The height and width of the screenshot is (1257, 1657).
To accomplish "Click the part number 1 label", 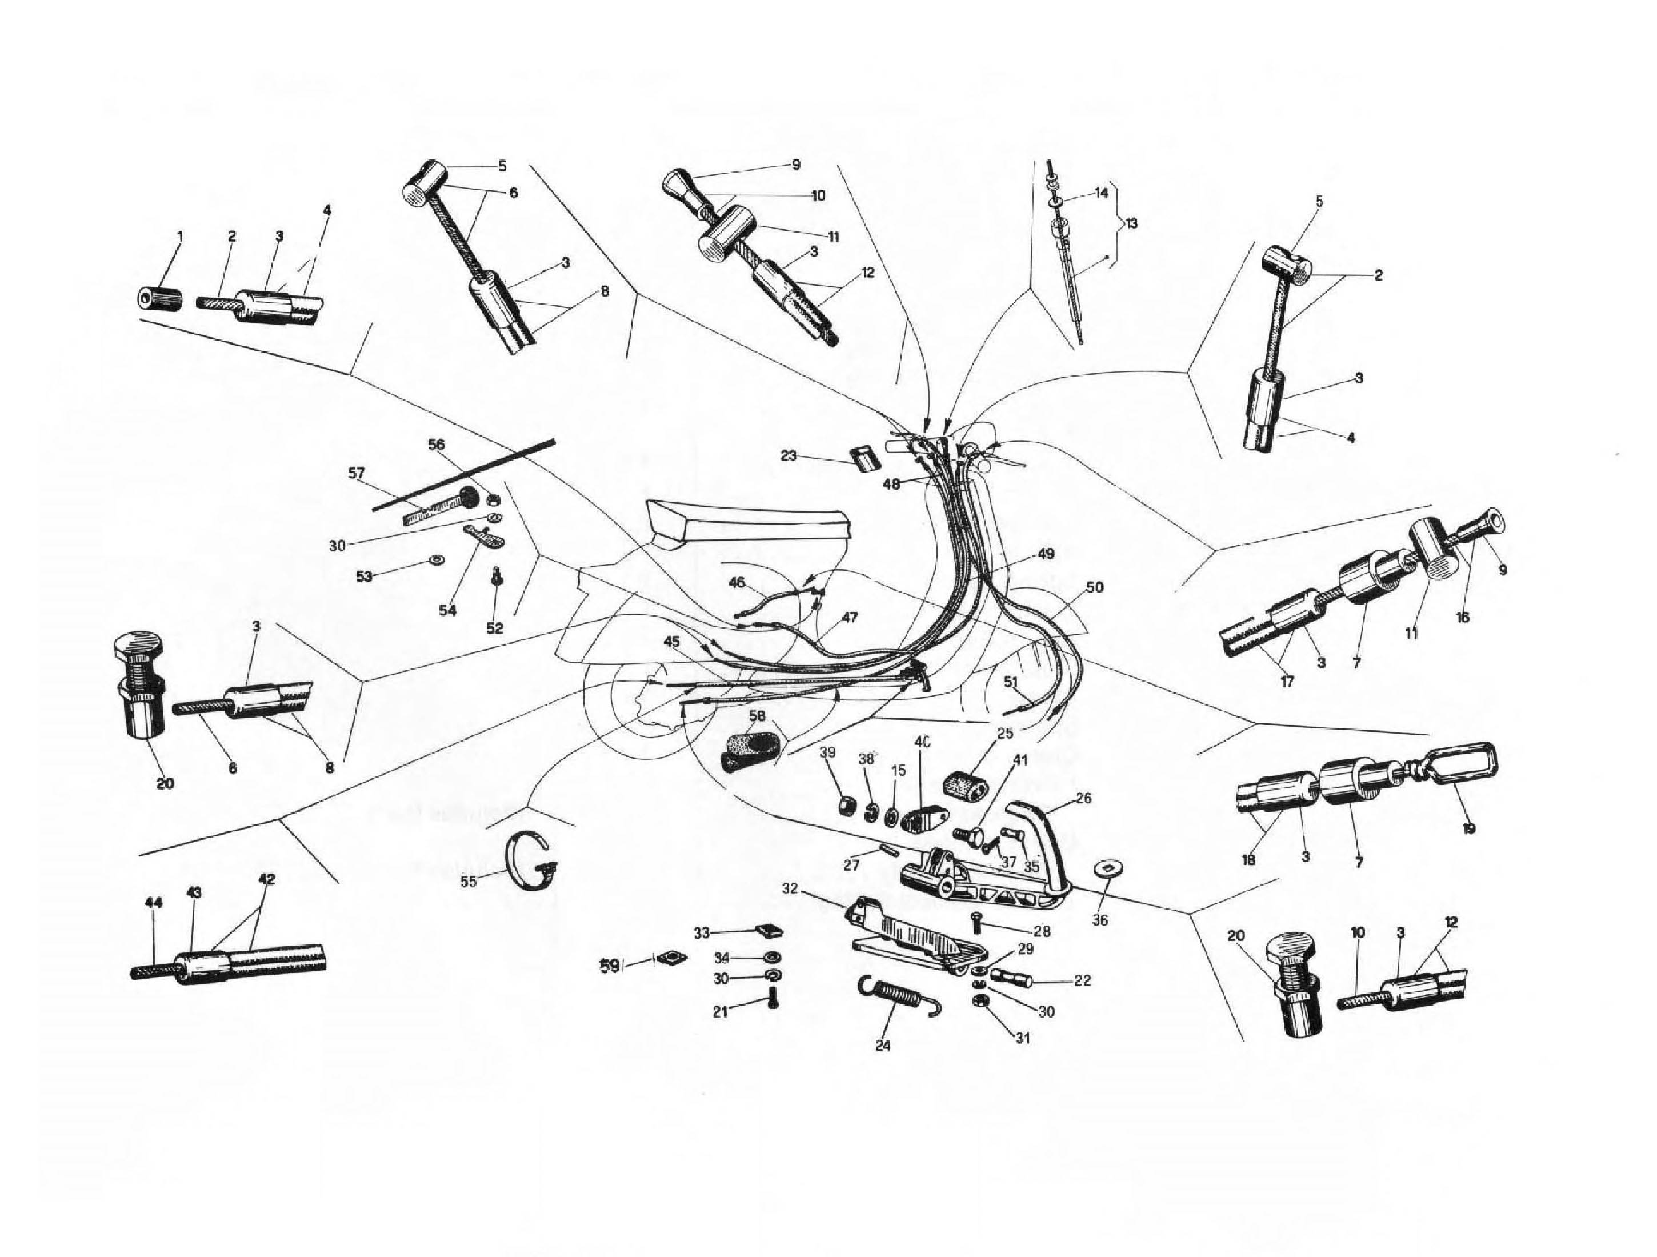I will click(x=180, y=236).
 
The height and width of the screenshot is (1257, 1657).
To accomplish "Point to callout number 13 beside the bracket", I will click(x=1131, y=223).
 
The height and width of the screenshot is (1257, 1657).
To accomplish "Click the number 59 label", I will click(x=610, y=966).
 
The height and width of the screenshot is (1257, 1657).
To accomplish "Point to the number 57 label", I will click(x=357, y=473).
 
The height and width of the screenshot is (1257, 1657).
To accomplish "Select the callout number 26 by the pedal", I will click(x=1083, y=799).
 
